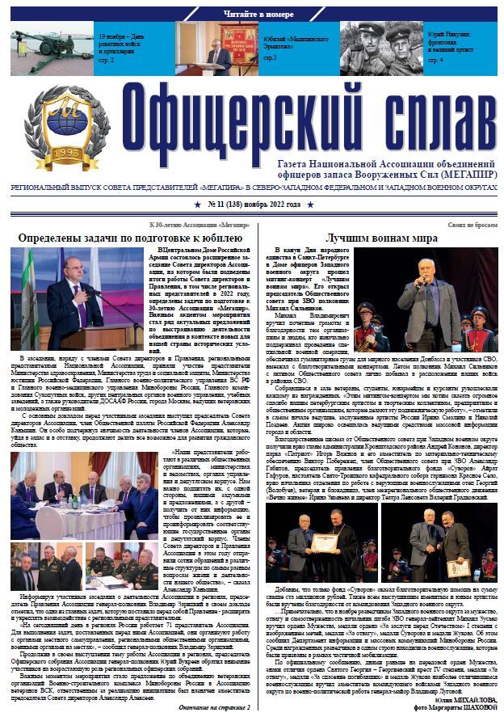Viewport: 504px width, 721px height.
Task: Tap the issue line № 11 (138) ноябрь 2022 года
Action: point(252,204)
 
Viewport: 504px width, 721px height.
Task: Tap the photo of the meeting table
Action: point(86,494)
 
